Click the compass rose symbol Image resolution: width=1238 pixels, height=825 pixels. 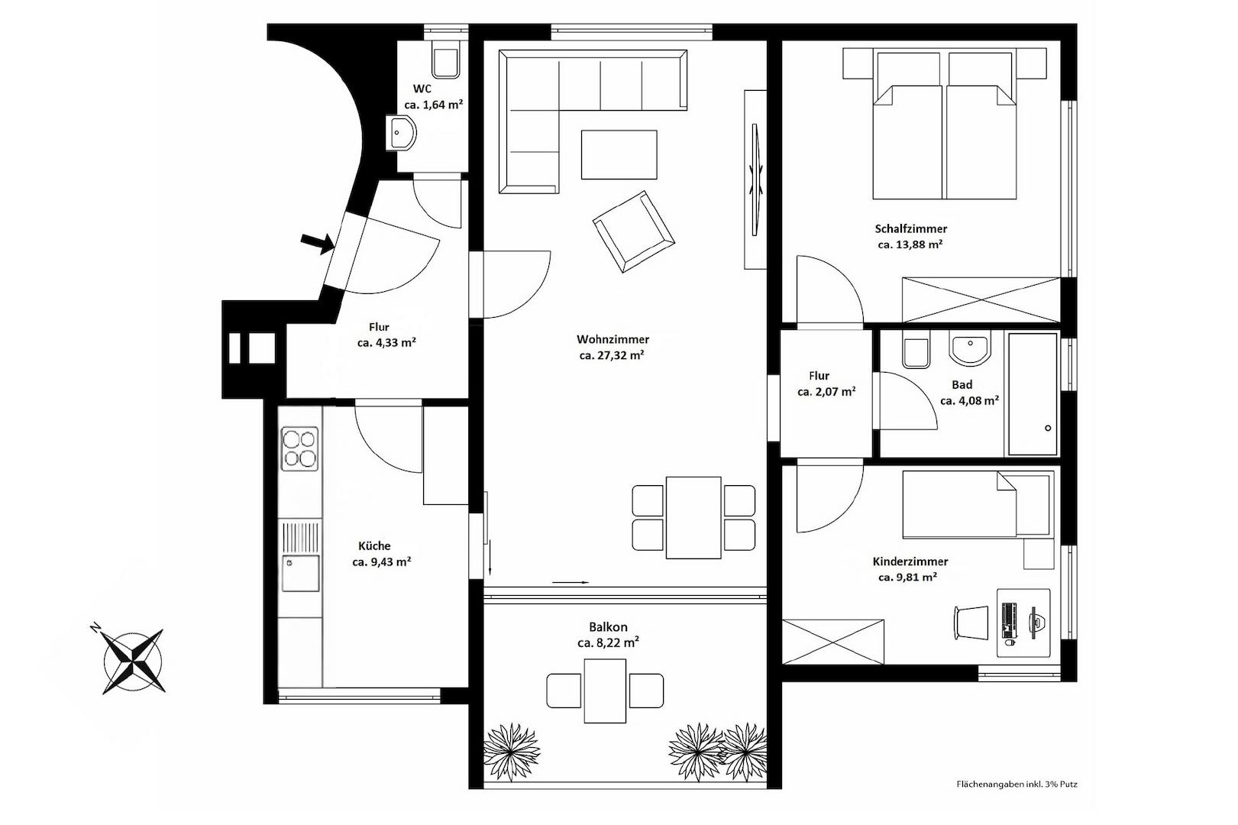[133, 660]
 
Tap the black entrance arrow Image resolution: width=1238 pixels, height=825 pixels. [318, 243]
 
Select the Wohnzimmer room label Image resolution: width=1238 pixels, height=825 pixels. [613, 339]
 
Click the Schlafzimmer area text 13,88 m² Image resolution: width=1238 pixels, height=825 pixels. [910, 244]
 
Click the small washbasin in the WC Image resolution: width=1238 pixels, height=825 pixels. [401, 133]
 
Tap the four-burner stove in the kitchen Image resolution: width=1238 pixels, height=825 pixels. [299, 448]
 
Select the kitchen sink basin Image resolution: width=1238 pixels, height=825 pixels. [301, 573]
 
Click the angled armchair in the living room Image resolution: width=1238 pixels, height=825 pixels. [633, 231]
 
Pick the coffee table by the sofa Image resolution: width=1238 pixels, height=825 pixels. [619, 155]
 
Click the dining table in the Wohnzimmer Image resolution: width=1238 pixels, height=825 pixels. [693, 518]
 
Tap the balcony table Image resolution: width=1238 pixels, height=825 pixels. [605, 691]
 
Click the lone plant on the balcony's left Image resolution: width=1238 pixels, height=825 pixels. [511, 752]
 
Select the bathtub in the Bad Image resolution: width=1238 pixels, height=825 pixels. [1033, 393]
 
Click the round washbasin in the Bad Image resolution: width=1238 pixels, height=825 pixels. [970, 348]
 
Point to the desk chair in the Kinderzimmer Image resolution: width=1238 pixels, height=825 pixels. [971, 623]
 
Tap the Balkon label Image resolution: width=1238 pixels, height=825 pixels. [608, 627]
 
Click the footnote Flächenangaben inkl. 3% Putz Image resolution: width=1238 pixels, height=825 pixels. [1017, 784]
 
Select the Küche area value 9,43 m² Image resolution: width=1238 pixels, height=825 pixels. [382, 561]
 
